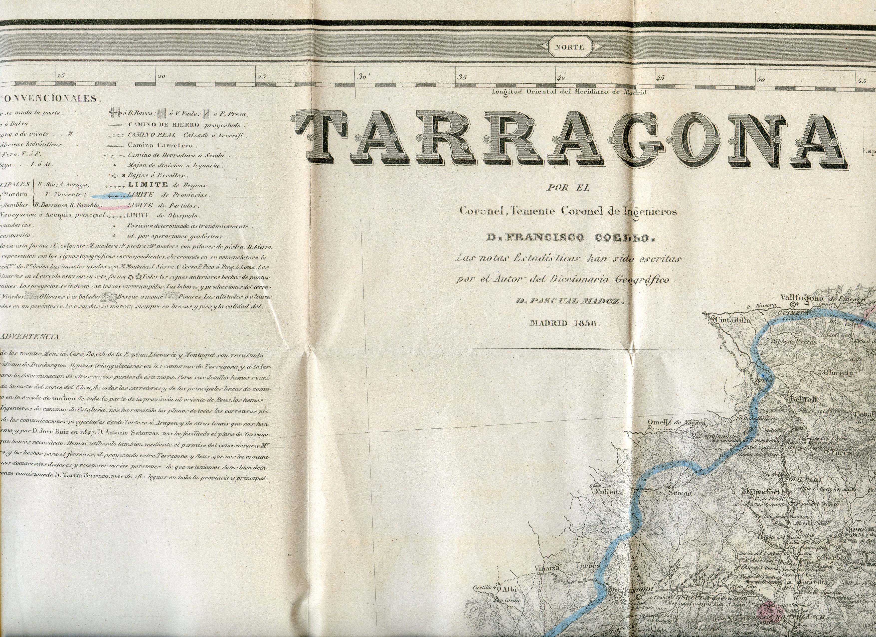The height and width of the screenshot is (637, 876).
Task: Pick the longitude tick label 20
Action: click(x=162, y=76)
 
